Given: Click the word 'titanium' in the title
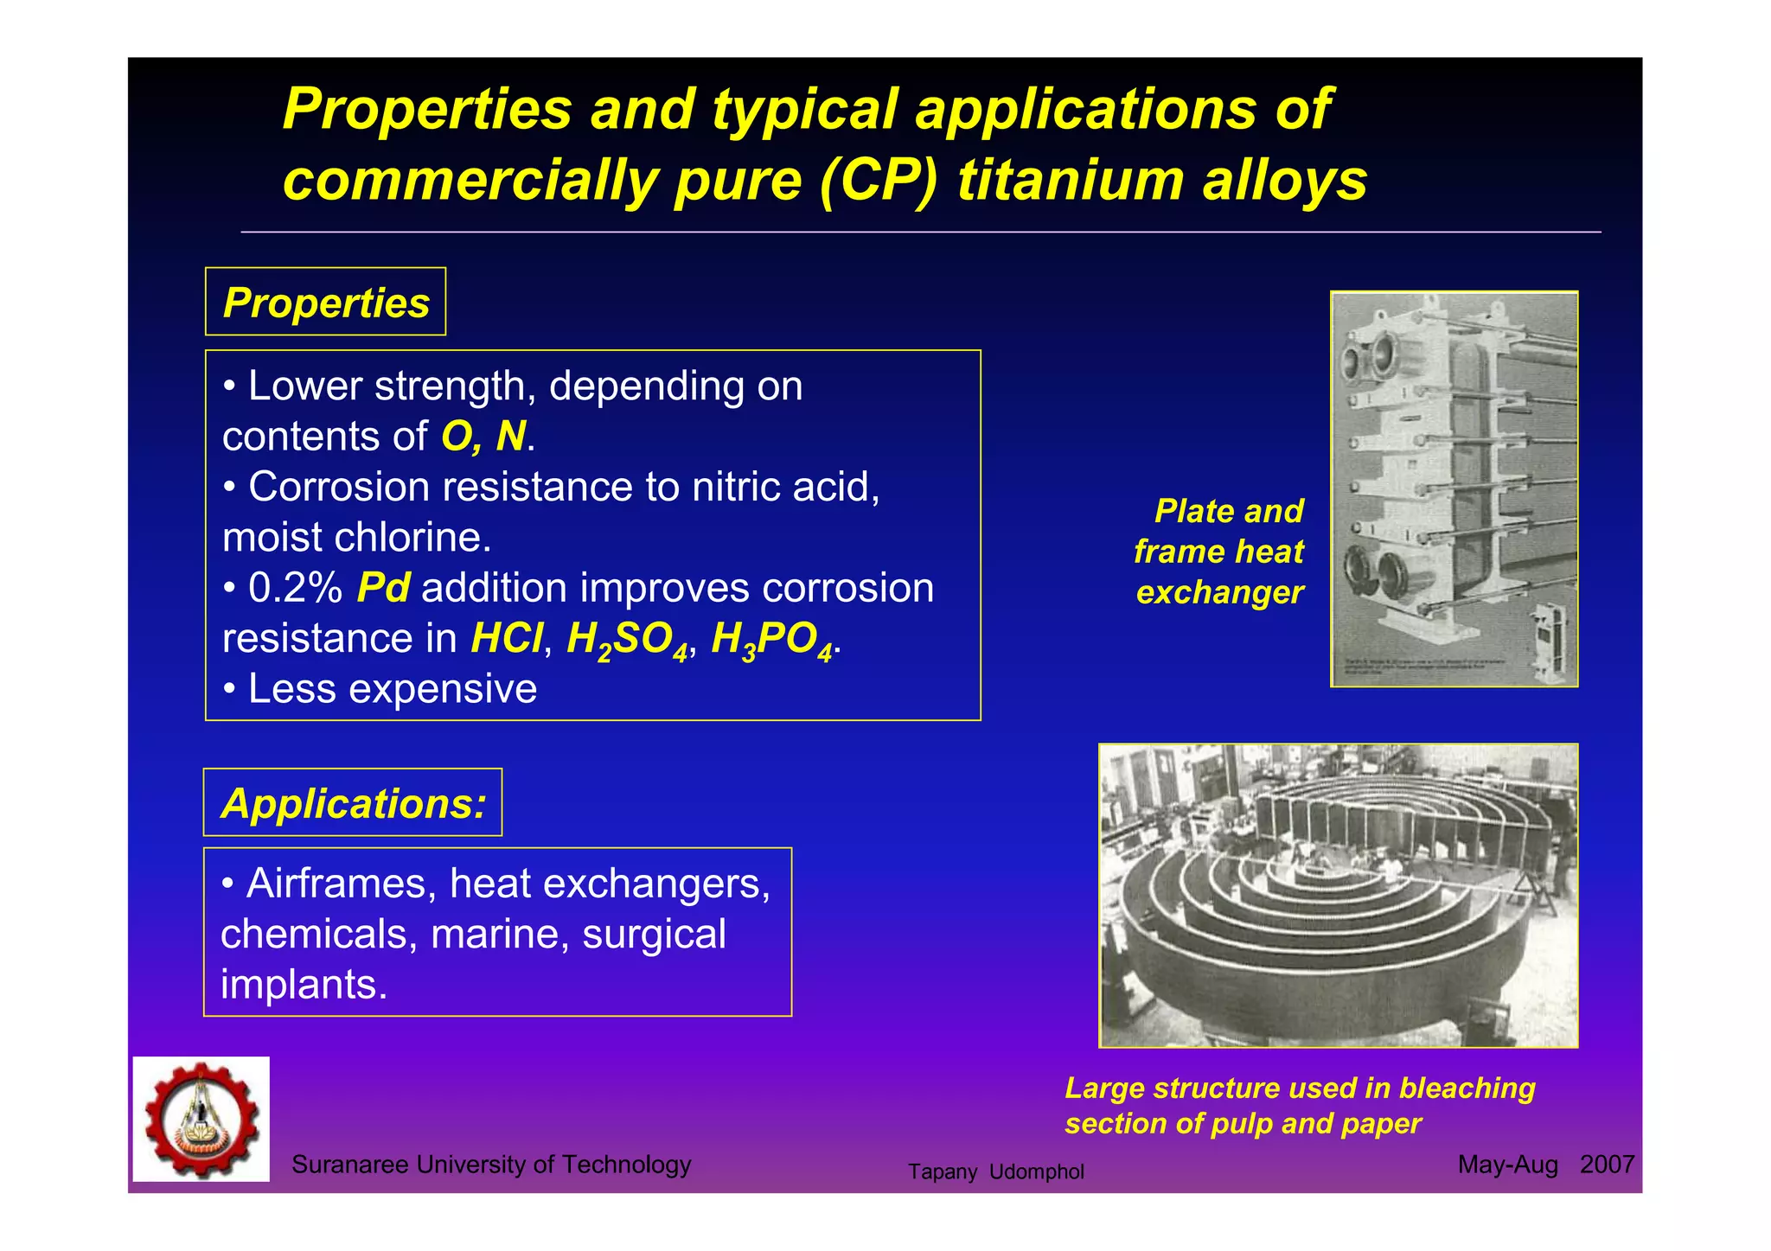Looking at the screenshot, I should coord(1070,181).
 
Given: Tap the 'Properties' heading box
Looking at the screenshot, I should coord(325,302).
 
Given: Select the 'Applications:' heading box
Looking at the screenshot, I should coord(353,802).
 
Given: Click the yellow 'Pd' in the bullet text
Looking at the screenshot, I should coord(383,588).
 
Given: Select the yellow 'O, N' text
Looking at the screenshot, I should coord(483,436).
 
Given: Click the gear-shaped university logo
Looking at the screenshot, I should coord(201,1119).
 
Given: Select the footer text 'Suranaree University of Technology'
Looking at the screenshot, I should coord(491,1165).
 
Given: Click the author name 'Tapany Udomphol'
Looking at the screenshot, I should coord(995,1171).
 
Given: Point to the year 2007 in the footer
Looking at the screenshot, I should coord(1607,1165).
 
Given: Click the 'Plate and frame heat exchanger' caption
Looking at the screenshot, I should coord(1220,552).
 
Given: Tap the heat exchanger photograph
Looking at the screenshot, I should coord(1454,489).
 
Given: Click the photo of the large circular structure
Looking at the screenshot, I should coord(1338,895).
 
